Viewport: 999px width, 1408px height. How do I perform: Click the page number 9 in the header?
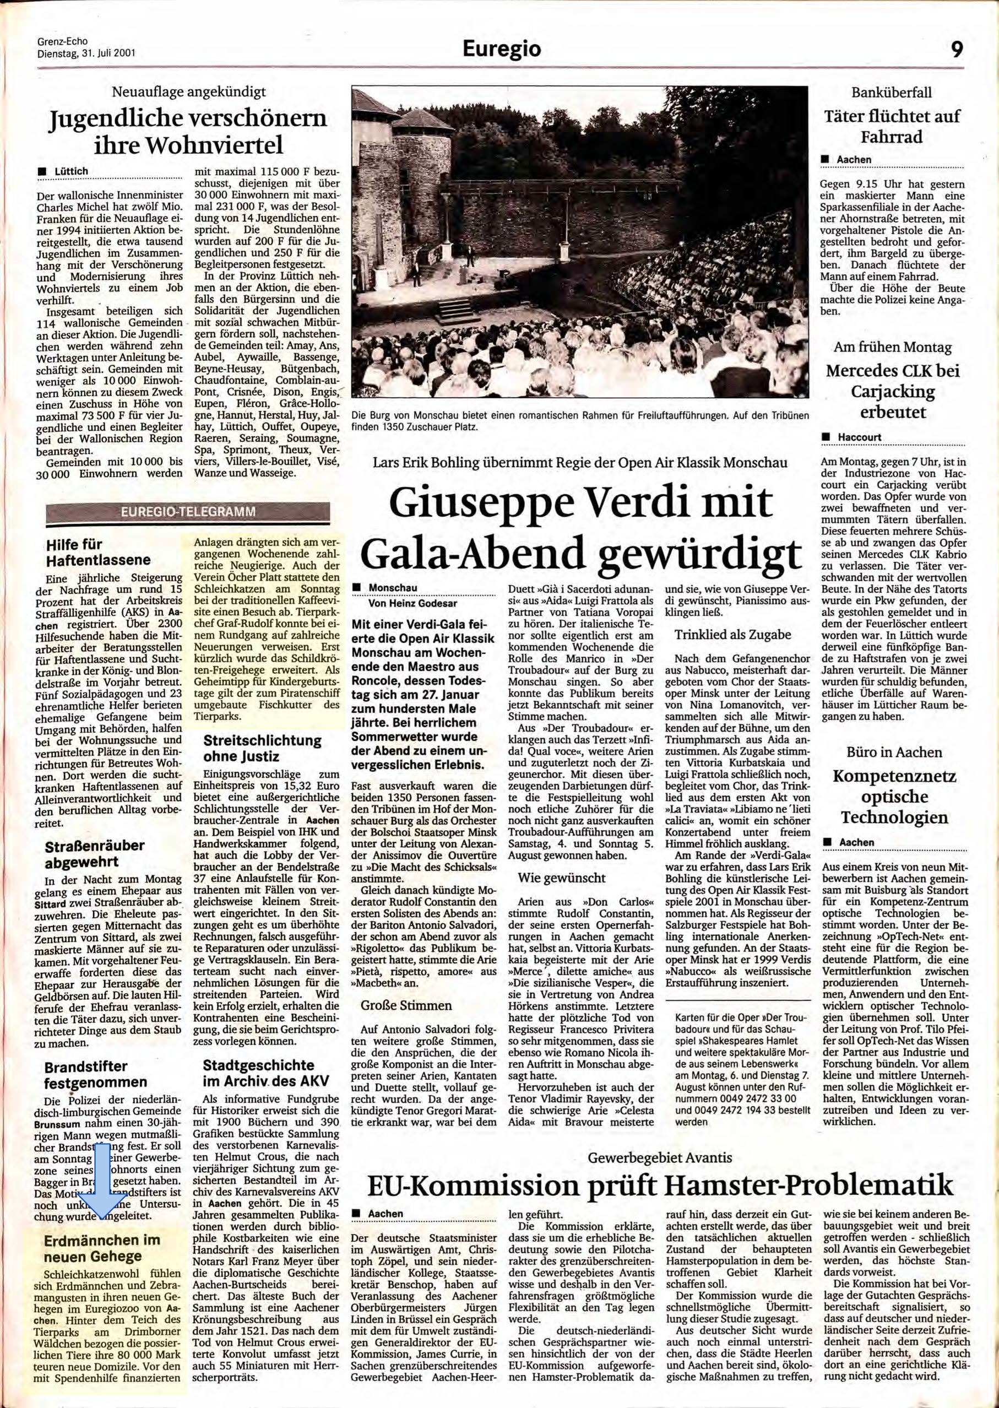tap(957, 48)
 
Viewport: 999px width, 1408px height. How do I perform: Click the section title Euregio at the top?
tap(501, 49)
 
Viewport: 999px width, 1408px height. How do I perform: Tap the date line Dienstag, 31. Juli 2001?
tap(86, 53)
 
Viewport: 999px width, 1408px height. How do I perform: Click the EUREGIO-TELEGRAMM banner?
tap(188, 511)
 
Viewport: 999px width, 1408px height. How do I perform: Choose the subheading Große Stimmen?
tap(406, 1005)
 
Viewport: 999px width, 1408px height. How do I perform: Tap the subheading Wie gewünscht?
tap(562, 878)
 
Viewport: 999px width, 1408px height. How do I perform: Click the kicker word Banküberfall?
tap(892, 93)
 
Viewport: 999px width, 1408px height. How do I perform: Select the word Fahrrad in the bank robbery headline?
tap(892, 137)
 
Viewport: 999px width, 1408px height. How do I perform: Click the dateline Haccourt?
tap(859, 437)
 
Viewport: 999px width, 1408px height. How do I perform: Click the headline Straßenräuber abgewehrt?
tap(94, 853)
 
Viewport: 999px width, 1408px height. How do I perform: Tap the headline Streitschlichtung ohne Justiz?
tap(262, 748)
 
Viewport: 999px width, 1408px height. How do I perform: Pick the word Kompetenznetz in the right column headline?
tap(894, 776)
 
